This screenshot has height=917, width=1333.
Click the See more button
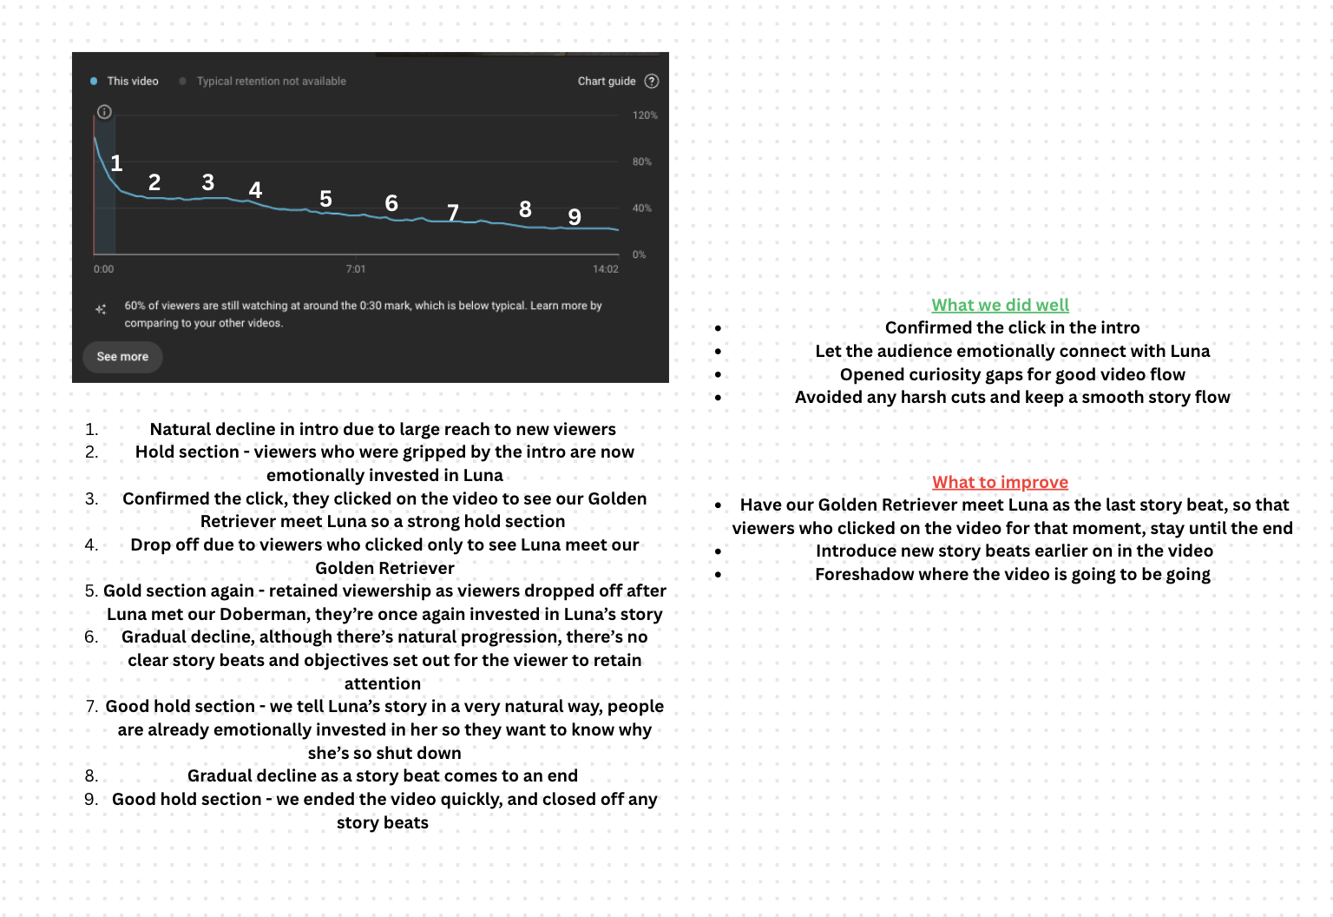pos(122,357)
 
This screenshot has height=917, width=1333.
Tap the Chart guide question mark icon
pos(652,81)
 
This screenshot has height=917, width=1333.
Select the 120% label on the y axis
pos(645,115)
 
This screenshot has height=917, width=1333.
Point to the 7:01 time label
pos(356,269)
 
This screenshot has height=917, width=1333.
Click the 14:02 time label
pos(606,269)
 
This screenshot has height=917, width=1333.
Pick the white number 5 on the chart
pos(325,199)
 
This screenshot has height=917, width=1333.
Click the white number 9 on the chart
pos(575,217)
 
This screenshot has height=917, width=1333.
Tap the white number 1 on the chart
pos(116,163)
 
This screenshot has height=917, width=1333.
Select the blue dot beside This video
pos(94,82)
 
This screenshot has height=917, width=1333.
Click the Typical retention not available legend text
pos(271,82)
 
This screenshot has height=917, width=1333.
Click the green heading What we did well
pos(1000,305)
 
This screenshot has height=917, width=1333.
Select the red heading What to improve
pos(1000,482)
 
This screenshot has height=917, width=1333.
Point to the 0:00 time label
pos(103,269)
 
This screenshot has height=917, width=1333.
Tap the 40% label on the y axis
pos(641,208)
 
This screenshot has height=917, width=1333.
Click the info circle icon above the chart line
pos(104,112)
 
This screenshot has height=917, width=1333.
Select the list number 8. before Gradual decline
pos(92,776)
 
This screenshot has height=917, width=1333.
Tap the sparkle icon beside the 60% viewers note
pos(101,309)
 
